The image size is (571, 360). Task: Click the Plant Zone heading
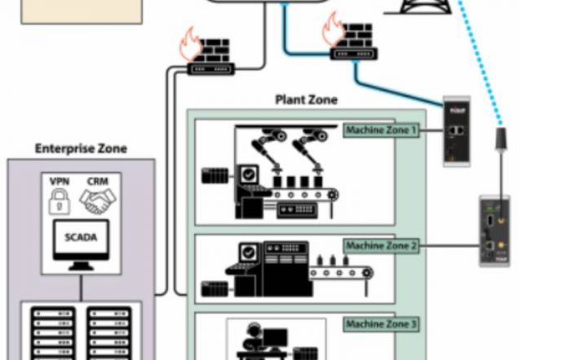(306, 100)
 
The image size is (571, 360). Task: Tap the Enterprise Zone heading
(81, 149)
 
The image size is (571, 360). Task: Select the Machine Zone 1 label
(380, 130)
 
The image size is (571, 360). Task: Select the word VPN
(60, 180)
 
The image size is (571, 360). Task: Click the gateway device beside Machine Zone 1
(456, 131)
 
